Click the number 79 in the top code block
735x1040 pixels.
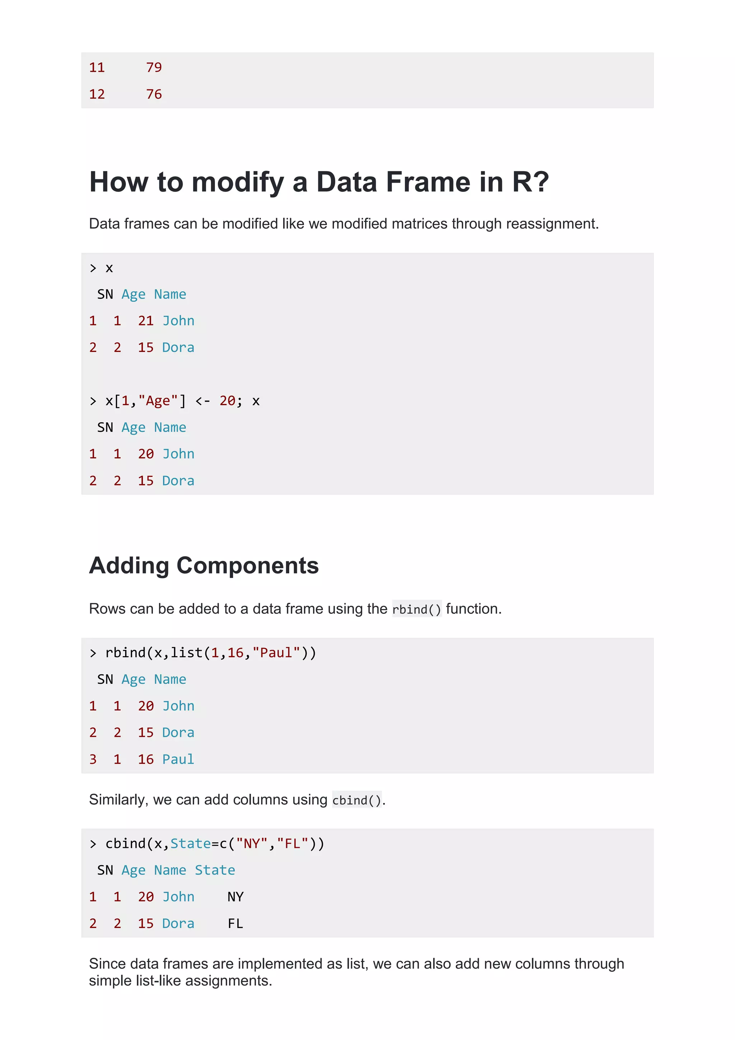(x=154, y=68)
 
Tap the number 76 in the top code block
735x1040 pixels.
(x=154, y=94)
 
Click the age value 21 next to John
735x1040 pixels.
(x=146, y=321)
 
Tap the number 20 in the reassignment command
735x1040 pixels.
(x=228, y=401)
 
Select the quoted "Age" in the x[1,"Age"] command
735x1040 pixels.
(x=158, y=401)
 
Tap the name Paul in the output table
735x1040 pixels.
(x=178, y=759)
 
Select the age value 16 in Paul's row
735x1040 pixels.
(x=146, y=759)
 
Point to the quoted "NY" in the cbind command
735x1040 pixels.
(x=252, y=844)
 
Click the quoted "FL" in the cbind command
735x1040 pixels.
(x=292, y=844)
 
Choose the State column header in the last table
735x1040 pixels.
(x=215, y=870)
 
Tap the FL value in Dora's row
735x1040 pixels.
(x=235, y=924)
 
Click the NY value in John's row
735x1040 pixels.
(x=235, y=897)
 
